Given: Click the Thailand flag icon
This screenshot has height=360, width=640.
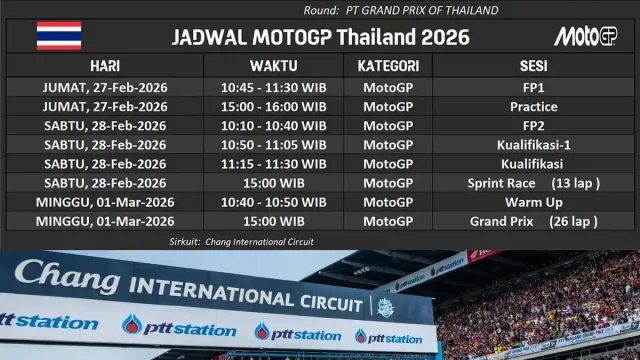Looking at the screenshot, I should point(59,36).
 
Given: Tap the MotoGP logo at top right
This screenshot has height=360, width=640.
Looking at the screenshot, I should point(587,37).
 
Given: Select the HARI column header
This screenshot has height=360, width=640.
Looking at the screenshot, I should point(105,65).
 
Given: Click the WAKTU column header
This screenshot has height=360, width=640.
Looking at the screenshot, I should point(273,65).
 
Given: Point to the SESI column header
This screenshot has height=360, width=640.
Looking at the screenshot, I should point(533,65).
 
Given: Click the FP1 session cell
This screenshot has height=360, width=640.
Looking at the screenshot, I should point(533,88).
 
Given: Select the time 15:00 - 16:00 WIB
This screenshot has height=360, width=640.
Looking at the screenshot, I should point(273,107).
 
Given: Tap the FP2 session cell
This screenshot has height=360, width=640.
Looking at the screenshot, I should point(533,126).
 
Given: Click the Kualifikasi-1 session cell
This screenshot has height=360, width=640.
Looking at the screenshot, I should point(533,145).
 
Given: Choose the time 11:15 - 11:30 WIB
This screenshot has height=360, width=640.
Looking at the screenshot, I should point(273,164).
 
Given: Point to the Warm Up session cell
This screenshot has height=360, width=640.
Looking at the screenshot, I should point(533,202).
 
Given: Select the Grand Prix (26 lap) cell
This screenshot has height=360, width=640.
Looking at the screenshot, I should point(533,221).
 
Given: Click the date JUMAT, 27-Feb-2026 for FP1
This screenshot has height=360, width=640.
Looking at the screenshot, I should point(105,88).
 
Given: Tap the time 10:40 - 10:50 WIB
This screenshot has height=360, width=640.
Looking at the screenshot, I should point(273,202).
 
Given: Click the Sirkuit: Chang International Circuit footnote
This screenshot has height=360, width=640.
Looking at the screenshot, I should point(241,242).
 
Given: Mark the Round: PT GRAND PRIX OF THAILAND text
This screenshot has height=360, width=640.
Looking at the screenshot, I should point(401,10).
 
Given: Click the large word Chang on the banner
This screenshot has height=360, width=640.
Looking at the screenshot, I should point(68,274).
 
